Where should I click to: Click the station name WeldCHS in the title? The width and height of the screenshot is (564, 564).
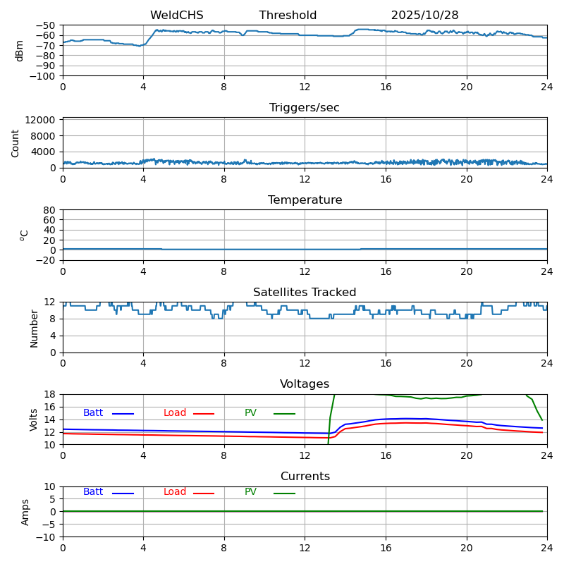tap(176, 16)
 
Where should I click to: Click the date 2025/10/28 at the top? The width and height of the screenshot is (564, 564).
tap(424, 16)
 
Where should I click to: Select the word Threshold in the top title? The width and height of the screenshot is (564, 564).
tap(288, 16)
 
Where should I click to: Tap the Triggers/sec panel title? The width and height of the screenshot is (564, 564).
tap(305, 108)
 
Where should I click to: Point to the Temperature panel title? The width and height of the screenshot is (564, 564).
tap(305, 200)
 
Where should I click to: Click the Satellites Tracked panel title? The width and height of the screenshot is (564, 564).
tap(305, 293)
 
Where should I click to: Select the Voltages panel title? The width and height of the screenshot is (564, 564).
tap(305, 384)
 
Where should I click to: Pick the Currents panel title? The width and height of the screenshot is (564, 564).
tap(305, 477)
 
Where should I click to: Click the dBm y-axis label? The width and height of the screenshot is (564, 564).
tap(20, 51)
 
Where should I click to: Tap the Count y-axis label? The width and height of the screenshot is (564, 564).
tap(16, 142)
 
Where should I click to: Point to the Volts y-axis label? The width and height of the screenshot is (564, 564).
tap(34, 419)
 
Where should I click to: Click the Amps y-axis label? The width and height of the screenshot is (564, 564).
tap(25, 512)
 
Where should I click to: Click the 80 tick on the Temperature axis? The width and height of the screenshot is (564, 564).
tap(51, 210)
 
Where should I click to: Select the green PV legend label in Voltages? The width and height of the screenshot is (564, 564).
tap(250, 413)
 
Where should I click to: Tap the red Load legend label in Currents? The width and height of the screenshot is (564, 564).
tap(174, 492)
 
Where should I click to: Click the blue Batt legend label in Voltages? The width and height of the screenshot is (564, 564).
tap(93, 413)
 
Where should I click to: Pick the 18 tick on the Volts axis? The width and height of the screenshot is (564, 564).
tap(51, 394)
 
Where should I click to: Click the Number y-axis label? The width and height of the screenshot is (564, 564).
tap(34, 329)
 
